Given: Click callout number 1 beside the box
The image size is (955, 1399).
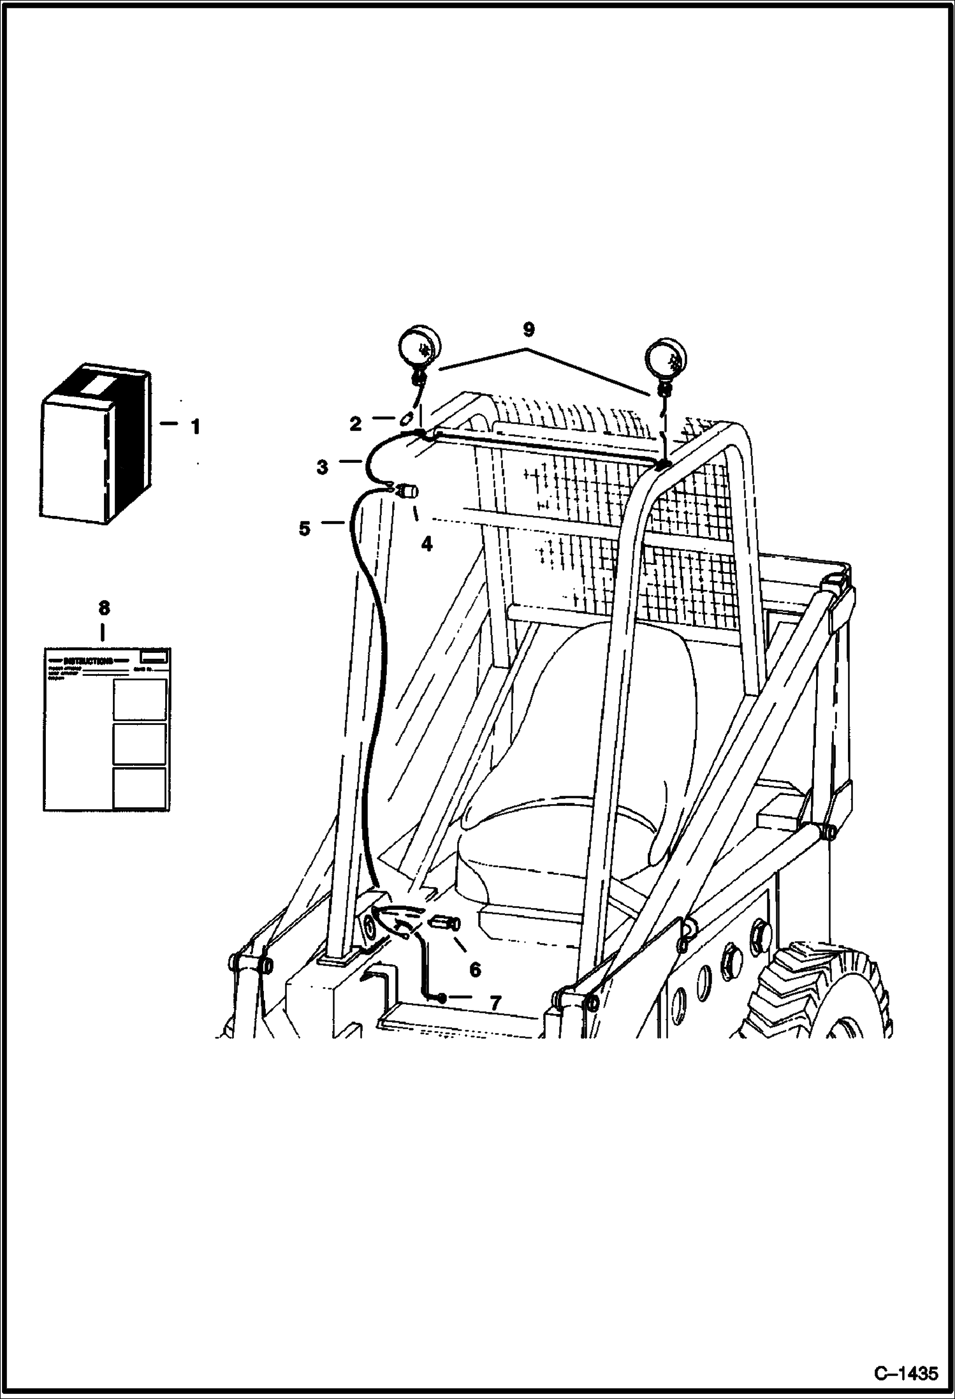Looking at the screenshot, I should point(195,427).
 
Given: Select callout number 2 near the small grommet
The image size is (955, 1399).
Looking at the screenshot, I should point(356,423).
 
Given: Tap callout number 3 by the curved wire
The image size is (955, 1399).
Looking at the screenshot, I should point(323,467).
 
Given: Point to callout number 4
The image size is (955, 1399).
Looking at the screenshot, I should point(426,544).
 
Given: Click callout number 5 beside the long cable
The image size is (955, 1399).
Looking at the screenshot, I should point(305,528).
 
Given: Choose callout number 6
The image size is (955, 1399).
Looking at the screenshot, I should point(475,970).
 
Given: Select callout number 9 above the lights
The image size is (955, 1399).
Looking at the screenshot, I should point(528,329).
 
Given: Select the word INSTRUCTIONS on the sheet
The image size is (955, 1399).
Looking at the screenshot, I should point(88,660).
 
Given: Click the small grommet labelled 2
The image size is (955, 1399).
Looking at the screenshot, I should point(405,421).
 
